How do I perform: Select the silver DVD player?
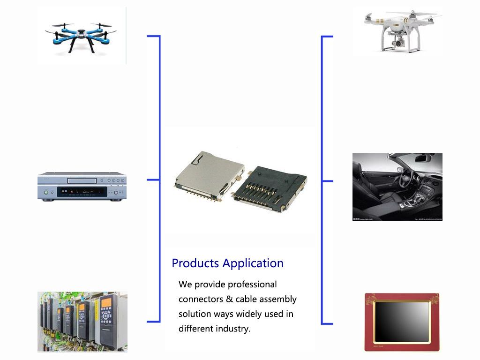click(82, 187)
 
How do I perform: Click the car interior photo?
click(397, 187)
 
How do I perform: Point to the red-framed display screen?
click(402, 322)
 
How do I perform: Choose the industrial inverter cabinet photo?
click(82, 322)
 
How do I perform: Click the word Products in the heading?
click(195, 263)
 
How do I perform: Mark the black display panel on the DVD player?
click(82, 192)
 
